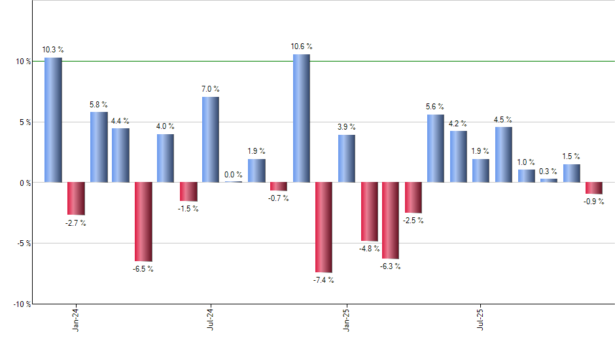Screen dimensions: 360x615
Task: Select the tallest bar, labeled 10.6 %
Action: pos(301,118)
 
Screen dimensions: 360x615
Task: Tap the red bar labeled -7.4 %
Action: pos(323,227)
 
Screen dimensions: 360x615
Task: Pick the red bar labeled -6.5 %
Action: pos(143,222)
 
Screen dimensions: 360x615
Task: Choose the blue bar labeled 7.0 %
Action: pos(211,139)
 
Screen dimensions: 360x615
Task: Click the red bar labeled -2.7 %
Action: pos(76,198)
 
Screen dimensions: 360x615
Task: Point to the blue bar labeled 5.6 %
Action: pos(436,149)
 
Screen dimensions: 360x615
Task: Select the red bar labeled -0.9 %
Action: pos(593,188)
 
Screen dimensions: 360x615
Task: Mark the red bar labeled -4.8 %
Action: pos(369,211)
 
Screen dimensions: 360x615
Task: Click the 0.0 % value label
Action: pos(233,175)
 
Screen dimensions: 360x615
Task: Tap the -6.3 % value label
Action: pos(391,266)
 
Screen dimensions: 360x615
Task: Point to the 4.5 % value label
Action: pos(503,119)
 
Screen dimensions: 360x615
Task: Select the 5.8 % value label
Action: pos(99,104)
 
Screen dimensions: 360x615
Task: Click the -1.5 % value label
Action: pos(188,209)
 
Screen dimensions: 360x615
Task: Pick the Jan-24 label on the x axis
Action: pos(76,319)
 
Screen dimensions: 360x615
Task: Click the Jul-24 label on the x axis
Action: pos(211,319)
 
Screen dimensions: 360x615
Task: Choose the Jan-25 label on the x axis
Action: pos(346,319)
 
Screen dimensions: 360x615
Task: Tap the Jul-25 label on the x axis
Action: pos(481,319)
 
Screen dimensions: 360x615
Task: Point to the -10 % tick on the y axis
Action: pos(21,304)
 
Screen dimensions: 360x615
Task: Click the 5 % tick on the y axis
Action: pos(24,122)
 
